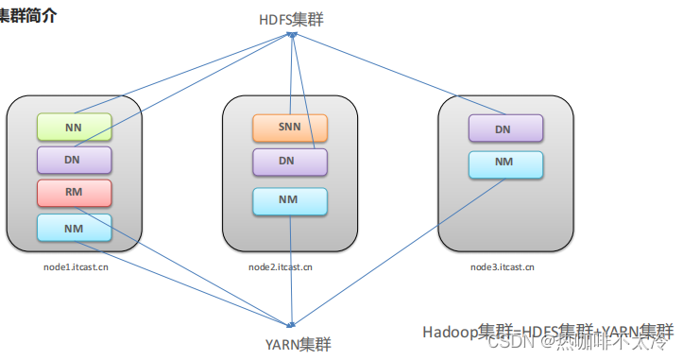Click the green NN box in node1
[x=74, y=126]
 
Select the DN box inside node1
[x=74, y=160]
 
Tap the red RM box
[x=74, y=193]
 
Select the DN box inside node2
[x=289, y=162]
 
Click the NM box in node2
[x=289, y=201]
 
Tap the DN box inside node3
[x=505, y=129]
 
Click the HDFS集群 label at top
[x=293, y=19]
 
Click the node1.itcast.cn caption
[x=75, y=267]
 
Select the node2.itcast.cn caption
[x=281, y=267]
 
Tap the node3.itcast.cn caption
[x=502, y=267]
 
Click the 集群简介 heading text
[x=28, y=16]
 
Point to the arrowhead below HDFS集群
[x=293, y=35]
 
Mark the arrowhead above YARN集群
[x=294, y=324]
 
